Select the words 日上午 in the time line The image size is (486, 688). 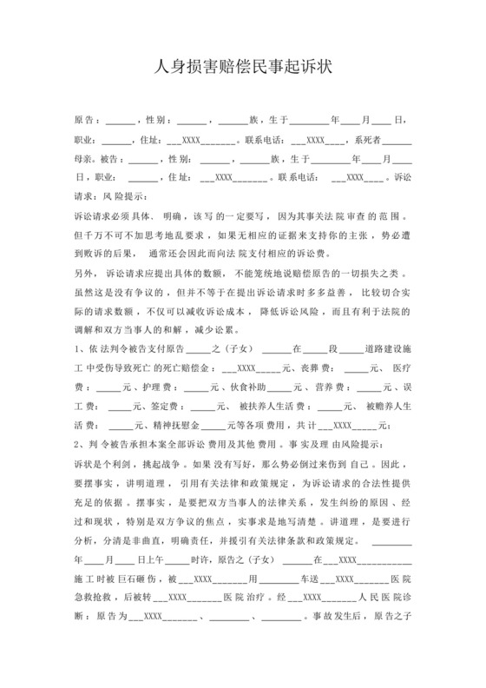(148, 559)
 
